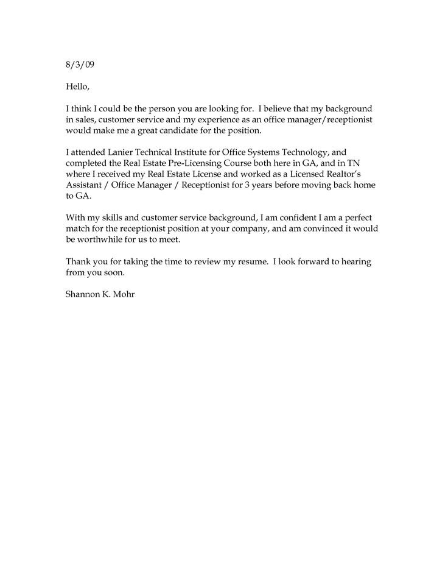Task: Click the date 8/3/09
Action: point(80,64)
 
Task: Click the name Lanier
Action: point(127,153)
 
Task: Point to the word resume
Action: point(251,261)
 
